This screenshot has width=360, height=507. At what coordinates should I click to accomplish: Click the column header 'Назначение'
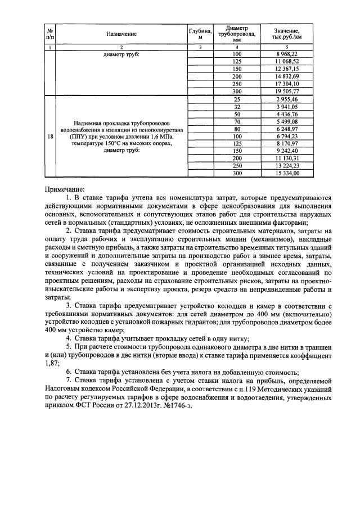(121, 34)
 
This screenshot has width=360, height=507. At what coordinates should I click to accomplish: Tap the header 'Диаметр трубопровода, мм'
(236, 34)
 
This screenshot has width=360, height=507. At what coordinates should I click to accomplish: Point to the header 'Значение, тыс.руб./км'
(287, 34)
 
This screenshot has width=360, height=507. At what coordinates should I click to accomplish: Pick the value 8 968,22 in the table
(287, 54)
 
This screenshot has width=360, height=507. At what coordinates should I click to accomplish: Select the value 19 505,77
(287, 91)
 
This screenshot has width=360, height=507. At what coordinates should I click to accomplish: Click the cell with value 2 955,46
(287, 99)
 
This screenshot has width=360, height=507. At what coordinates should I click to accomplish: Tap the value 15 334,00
(287, 174)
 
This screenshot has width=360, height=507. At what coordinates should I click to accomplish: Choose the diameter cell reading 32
(236, 106)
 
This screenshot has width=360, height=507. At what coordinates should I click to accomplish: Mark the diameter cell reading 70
(236, 121)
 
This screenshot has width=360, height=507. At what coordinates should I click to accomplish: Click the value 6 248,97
(287, 129)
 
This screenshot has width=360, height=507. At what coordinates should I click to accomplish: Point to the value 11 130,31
(287, 159)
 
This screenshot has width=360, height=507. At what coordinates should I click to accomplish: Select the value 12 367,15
(287, 69)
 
